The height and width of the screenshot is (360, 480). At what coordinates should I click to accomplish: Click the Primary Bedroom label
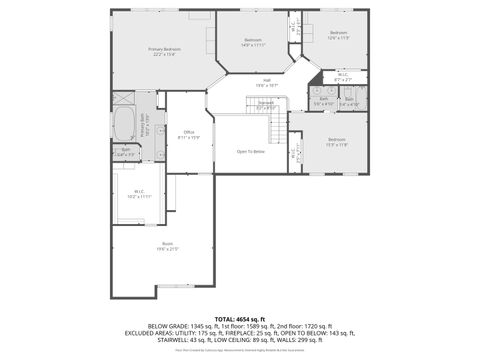click(165, 51)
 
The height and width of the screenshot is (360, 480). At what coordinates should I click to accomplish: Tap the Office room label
click(189, 135)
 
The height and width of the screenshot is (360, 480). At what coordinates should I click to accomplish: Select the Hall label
click(267, 83)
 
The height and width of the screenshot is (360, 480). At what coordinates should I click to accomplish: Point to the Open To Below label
click(250, 151)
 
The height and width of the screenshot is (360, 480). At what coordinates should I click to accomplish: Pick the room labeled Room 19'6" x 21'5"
click(167, 246)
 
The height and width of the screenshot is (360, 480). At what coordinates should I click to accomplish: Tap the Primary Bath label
click(146, 128)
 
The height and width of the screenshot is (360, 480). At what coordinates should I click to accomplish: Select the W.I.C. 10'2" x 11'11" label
click(139, 194)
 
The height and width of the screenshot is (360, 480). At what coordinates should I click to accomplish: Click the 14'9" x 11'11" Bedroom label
click(253, 42)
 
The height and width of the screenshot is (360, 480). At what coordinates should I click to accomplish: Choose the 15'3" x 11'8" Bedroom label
click(336, 142)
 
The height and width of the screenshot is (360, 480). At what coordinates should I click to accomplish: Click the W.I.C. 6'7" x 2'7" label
click(342, 76)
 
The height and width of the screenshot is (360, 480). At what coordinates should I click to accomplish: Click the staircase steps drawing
click(277, 127)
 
